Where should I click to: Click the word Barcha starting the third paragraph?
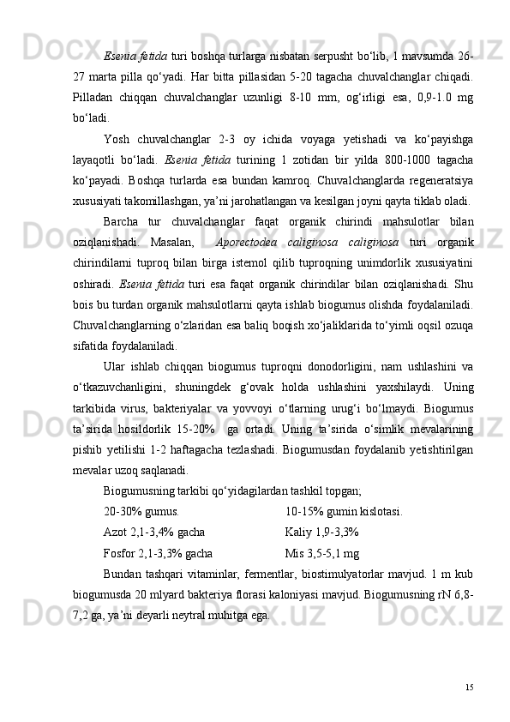(x=123, y=200)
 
